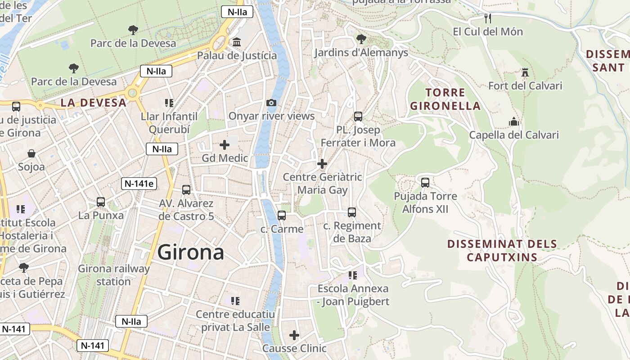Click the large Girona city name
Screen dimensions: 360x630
(x=191, y=252)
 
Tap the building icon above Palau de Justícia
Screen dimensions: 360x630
(x=237, y=42)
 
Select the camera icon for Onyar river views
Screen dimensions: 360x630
(x=271, y=103)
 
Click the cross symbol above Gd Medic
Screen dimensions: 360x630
(x=224, y=144)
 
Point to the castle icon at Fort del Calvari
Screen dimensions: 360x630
(x=525, y=72)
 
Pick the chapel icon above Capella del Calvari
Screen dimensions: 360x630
(x=513, y=121)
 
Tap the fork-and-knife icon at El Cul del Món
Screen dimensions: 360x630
(x=488, y=18)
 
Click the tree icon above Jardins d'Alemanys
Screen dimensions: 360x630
(x=360, y=39)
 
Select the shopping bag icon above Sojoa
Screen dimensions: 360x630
(x=31, y=153)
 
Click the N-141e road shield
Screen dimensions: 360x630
(x=139, y=183)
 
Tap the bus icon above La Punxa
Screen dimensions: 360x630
(x=101, y=202)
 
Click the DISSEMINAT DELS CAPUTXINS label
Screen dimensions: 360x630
(x=502, y=251)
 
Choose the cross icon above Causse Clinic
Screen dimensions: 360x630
(x=294, y=335)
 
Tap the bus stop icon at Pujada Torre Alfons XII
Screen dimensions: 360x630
(x=425, y=182)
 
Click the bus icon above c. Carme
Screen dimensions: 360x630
(x=282, y=216)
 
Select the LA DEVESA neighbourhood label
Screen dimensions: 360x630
(x=94, y=103)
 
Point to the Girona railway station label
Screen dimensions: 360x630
(x=113, y=275)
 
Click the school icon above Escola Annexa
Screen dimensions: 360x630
(x=353, y=275)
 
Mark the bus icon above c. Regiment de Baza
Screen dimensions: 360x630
(x=352, y=212)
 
